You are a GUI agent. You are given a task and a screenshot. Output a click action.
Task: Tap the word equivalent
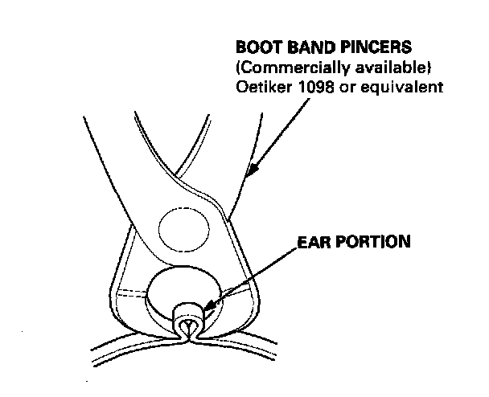pyautogui.click(x=407, y=86)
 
